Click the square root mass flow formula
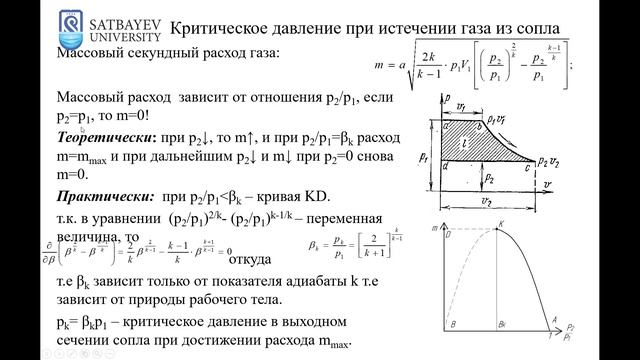pyautogui.click(x=475, y=64)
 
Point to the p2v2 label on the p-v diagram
pyautogui.click(x=549, y=162)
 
